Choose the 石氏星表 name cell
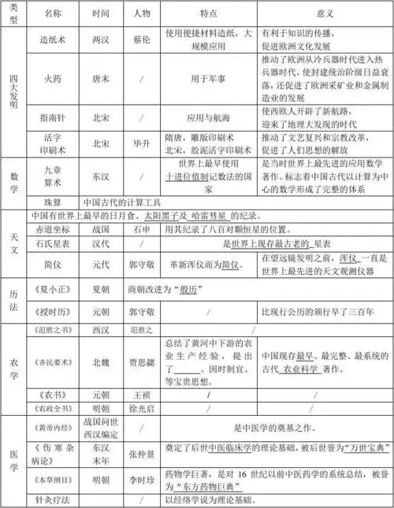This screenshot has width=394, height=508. (x=52, y=244)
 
